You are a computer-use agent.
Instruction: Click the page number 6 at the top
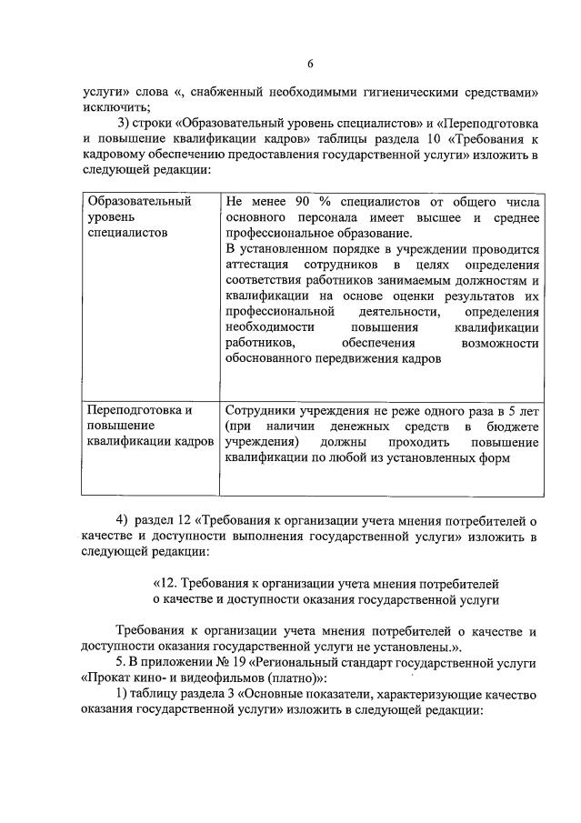pos(309,63)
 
